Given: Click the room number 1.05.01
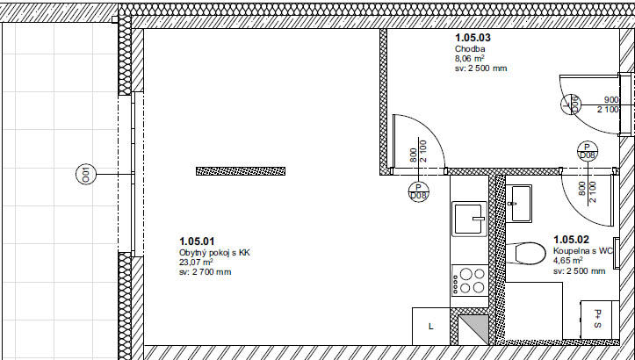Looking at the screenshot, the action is click(197, 241).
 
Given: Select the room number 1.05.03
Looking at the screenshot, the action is click(473, 38).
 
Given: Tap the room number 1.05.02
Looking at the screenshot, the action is click(571, 240).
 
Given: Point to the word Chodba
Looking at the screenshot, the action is click(470, 49).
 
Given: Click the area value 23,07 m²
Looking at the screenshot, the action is click(196, 262).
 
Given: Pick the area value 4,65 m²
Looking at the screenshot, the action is click(567, 260).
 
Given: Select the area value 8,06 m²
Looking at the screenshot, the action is click(470, 59).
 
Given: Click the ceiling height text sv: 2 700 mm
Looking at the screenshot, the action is click(206, 271).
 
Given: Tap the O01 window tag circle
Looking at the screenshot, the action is click(86, 175).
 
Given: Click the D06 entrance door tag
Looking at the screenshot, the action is click(571, 104).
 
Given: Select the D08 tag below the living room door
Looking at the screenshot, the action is click(418, 191).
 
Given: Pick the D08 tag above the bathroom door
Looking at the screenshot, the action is click(588, 151).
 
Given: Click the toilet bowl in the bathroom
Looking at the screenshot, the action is click(526, 254).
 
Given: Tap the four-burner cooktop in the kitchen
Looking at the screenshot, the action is click(470, 281).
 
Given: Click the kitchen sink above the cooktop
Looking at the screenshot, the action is click(469, 219).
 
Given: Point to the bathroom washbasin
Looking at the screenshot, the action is click(519, 204).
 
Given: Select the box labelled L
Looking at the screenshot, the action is click(431, 327).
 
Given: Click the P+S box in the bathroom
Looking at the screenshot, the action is click(599, 320).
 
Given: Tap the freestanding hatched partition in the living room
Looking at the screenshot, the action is click(241, 171).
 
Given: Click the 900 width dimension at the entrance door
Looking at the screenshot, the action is click(611, 100).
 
